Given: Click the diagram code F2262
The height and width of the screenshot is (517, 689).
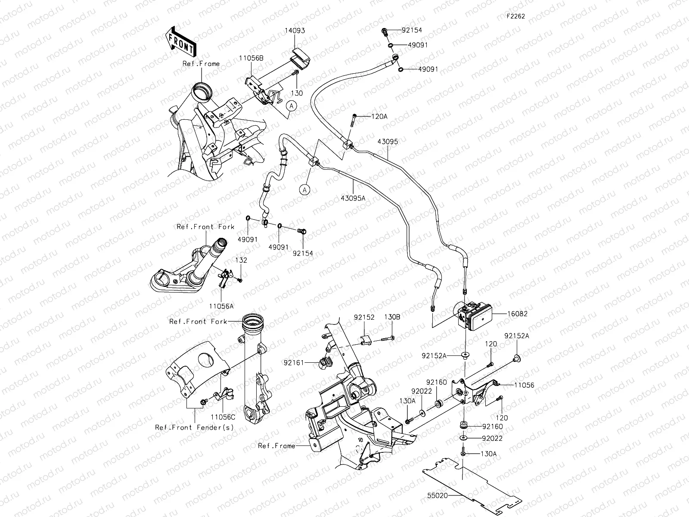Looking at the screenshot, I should (x=515, y=16).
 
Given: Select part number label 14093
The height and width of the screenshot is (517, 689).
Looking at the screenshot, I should (x=295, y=31).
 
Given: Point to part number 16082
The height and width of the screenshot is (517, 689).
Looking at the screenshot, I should (x=517, y=314).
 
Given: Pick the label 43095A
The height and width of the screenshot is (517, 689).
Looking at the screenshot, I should (x=353, y=198).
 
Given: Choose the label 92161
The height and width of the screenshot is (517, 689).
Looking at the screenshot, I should (x=293, y=363).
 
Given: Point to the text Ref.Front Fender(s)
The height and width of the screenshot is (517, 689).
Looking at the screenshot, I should (x=195, y=427).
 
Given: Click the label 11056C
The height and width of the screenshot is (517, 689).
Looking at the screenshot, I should (x=223, y=417).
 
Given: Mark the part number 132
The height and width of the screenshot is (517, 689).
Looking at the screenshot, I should (x=241, y=260).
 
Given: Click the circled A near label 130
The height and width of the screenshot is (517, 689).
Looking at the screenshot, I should (x=292, y=105).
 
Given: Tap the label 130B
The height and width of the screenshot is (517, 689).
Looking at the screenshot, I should (x=392, y=317).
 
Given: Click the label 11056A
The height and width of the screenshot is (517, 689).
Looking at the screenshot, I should (x=221, y=305).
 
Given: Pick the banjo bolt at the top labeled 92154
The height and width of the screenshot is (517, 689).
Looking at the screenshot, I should (x=385, y=31).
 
